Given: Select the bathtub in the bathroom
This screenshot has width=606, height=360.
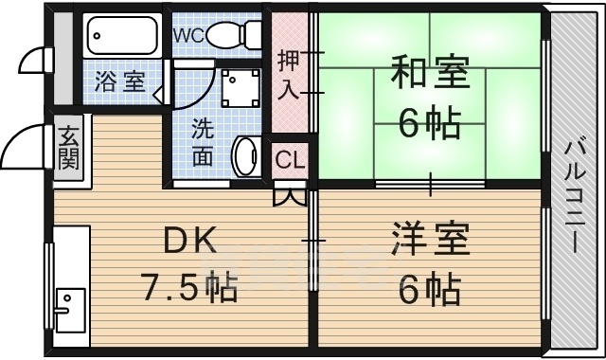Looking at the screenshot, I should (124, 37).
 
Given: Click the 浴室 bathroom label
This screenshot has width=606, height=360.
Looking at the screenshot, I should (119, 81).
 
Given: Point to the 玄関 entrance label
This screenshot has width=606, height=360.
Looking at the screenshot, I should (68, 147).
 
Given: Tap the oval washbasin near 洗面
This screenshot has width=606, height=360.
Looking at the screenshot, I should (245, 155).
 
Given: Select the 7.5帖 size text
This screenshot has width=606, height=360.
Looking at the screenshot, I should (189, 285).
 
